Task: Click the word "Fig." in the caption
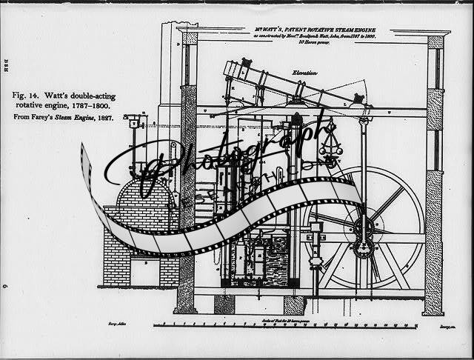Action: [20, 96]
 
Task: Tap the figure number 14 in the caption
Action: [36, 96]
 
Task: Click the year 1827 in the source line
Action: [103, 119]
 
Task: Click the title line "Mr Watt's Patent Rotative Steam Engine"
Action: [314, 27]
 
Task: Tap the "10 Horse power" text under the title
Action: [314, 42]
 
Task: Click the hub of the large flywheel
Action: [364, 226]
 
